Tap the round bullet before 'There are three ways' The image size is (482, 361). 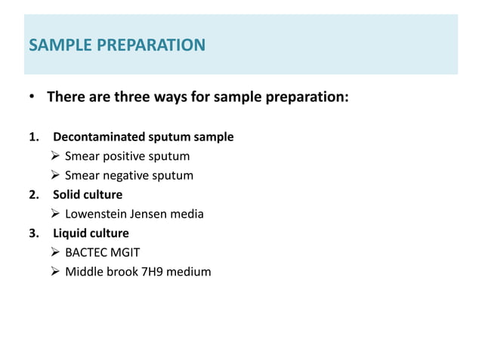pyautogui.click(x=32, y=98)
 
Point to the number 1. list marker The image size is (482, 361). pyautogui.click(x=32, y=137)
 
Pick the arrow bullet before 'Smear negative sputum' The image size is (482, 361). pyautogui.click(x=55, y=176)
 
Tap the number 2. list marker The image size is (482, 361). pyautogui.click(x=32, y=195)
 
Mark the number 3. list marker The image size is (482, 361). pyautogui.click(x=32, y=233)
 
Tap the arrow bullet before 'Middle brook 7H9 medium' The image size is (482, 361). pyautogui.click(x=55, y=272)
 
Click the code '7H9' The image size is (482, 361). pyautogui.click(x=147, y=272)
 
